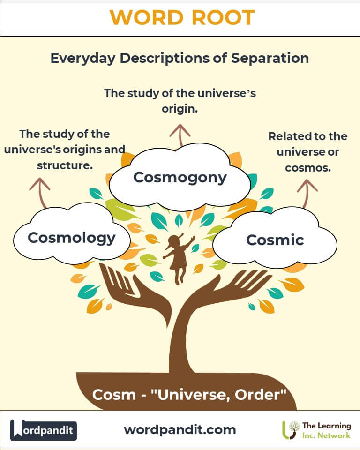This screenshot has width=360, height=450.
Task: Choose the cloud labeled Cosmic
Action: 275,240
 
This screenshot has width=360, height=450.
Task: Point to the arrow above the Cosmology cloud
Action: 40,192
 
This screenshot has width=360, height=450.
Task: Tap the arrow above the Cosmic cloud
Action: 307,192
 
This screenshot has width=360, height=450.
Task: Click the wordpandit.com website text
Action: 180,429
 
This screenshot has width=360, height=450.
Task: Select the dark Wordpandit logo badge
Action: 44,430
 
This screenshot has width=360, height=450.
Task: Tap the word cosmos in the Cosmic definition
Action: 307,167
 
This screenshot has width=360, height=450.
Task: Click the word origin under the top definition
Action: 180,109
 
